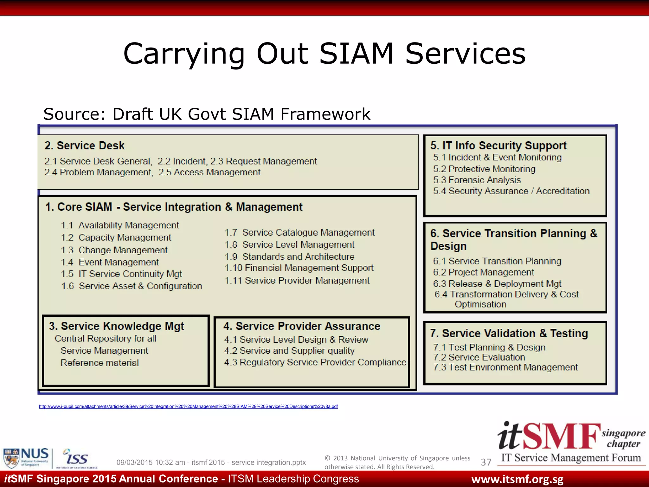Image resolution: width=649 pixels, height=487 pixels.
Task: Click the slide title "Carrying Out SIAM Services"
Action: (x=324, y=54)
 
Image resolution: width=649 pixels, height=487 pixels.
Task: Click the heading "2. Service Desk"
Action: (x=84, y=146)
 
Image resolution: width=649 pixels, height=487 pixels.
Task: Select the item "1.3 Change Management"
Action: (x=114, y=250)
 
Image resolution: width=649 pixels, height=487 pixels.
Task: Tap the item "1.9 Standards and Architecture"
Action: (x=289, y=256)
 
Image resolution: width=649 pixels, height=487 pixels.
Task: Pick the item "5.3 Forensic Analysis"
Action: (x=477, y=180)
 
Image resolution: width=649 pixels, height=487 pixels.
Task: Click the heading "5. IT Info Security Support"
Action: (x=498, y=146)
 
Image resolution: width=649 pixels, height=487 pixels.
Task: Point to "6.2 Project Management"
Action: (x=484, y=272)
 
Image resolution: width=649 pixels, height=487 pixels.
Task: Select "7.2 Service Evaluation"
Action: (x=479, y=357)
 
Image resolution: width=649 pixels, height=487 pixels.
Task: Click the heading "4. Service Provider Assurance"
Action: (x=302, y=326)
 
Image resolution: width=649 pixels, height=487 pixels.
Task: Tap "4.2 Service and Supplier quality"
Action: (x=289, y=351)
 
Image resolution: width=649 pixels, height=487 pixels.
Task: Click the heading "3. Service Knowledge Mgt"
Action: (x=116, y=326)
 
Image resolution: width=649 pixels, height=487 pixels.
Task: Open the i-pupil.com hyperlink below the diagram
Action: (x=188, y=406)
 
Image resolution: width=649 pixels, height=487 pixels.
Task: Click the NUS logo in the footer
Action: (x=26, y=457)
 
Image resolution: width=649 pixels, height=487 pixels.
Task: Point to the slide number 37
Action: (x=486, y=462)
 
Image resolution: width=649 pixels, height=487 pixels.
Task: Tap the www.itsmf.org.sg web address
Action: (x=517, y=479)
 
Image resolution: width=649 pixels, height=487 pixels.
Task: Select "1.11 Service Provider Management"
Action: (x=297, y=281)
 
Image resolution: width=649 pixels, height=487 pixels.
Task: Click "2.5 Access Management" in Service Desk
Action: (x=209, y=172)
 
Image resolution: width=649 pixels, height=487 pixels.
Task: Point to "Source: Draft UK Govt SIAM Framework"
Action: (x=207, y=114)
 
